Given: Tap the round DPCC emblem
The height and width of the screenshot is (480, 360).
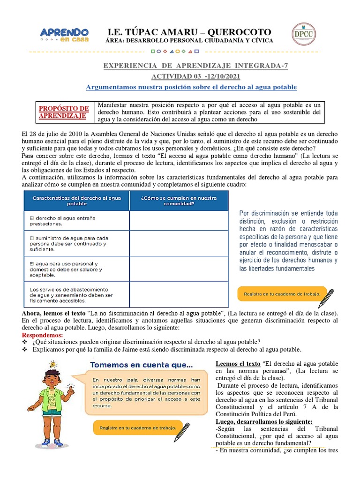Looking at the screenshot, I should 304,35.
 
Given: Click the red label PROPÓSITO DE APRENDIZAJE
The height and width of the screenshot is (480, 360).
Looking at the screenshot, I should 64,112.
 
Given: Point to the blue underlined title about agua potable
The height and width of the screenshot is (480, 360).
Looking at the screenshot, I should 192,88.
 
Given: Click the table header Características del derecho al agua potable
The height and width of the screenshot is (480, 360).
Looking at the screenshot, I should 76,201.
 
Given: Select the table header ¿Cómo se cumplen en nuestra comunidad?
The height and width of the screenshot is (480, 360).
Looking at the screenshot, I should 179,201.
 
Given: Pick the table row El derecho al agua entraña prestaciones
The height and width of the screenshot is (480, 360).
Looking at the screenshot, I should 76,221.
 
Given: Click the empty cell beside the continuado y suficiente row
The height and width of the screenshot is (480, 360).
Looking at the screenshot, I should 179,243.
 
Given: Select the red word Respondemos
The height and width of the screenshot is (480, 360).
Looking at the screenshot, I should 43,335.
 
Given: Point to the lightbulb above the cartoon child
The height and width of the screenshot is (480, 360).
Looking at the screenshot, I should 53,364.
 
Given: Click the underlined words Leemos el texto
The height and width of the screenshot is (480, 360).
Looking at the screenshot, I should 238,364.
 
